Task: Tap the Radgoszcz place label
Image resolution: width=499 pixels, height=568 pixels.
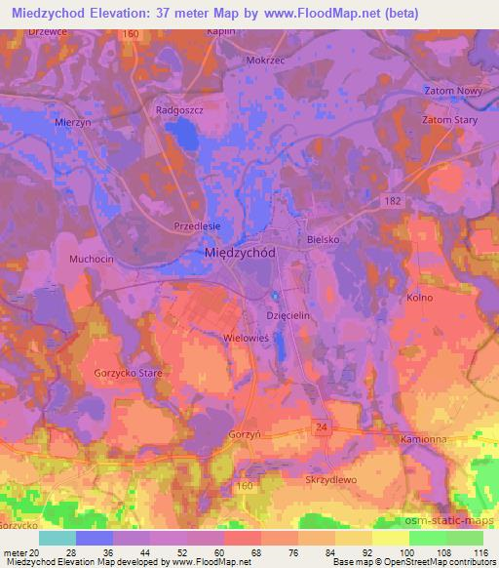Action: (x=178, y=111)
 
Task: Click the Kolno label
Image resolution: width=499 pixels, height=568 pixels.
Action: (x=420, y=296)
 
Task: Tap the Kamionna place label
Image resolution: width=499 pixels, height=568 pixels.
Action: (x=423, y=441)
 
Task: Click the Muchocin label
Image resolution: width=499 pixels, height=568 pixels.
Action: (x=92, y=260)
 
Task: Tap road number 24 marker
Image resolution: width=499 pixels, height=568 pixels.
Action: (x=322, y=427)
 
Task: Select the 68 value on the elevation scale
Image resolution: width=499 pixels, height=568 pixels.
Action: (x=238, y=552)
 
